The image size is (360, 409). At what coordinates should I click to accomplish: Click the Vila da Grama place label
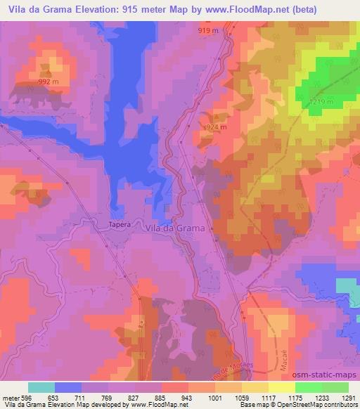pos(174,228)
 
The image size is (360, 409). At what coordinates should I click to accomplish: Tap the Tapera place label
pos(120,226)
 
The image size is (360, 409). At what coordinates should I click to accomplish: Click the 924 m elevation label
pos(213,127)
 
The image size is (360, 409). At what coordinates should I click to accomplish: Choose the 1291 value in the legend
pos(348,398)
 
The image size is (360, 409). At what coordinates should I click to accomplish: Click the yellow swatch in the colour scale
pos(282,387)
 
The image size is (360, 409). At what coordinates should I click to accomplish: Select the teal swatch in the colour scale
pos(41,387)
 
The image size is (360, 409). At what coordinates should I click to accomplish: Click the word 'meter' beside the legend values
pos(11,398)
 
